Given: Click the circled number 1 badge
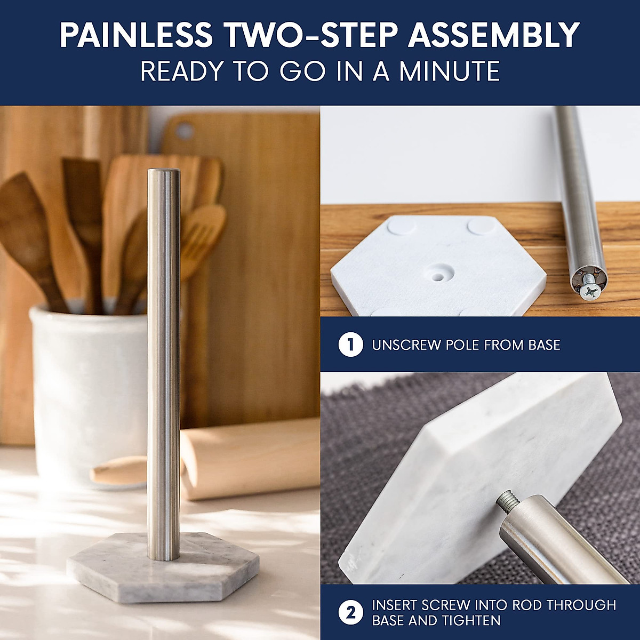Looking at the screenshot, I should pyautogui.click(x=350, y=345).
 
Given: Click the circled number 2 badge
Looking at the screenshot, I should pyautogui.click(x=350, y=613).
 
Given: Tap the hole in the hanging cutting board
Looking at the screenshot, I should pyautogui.click(x=185, y=130).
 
